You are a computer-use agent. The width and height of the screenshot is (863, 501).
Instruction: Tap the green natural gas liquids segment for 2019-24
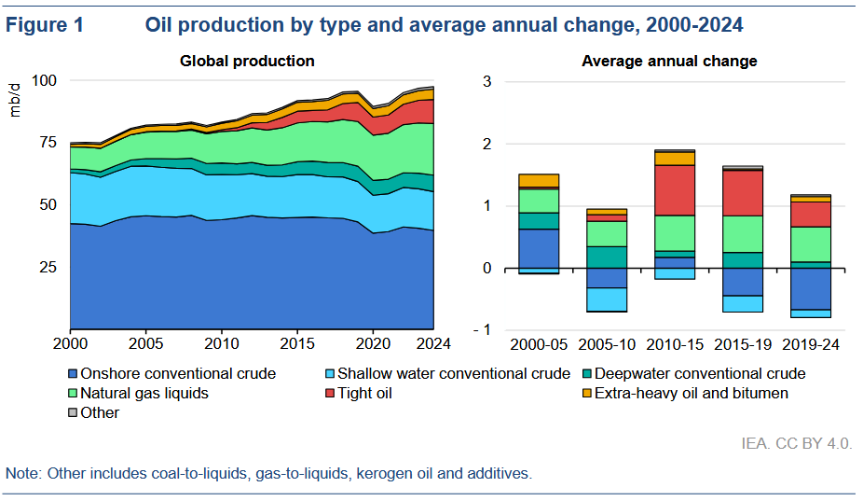810,244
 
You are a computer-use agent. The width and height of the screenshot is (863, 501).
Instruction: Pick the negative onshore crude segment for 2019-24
810,288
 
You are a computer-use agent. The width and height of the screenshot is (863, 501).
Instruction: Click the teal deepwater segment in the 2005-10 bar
606,257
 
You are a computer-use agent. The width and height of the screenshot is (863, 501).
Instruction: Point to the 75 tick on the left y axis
46,143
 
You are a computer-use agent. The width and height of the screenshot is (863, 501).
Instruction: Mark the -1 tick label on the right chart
481,330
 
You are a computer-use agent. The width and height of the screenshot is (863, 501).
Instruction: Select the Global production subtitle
247,62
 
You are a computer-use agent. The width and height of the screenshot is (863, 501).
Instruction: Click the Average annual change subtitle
669,62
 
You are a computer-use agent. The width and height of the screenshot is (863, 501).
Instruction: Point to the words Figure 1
45,25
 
